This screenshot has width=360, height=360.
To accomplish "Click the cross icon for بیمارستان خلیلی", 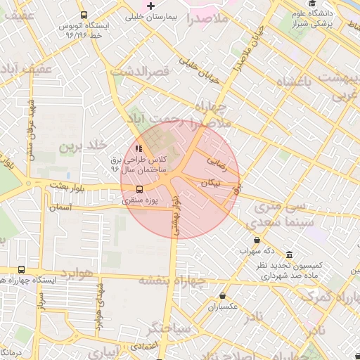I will point(150,6).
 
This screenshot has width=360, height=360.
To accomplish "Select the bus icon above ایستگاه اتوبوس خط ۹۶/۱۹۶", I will point(84,15).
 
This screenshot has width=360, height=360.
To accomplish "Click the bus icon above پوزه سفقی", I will point(139,189).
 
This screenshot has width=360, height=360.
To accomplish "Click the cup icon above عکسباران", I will point(223,296).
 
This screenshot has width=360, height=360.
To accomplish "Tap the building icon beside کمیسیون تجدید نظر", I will point(290,255).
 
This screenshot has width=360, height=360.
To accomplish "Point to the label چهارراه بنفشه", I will point(172,281).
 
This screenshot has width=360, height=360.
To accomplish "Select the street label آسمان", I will point(61,208).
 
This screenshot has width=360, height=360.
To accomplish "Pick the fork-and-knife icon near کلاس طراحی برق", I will point(139,148).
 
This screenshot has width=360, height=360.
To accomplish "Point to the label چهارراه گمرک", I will point(331,296).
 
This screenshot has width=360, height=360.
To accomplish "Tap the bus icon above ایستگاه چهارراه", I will point(21,269).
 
